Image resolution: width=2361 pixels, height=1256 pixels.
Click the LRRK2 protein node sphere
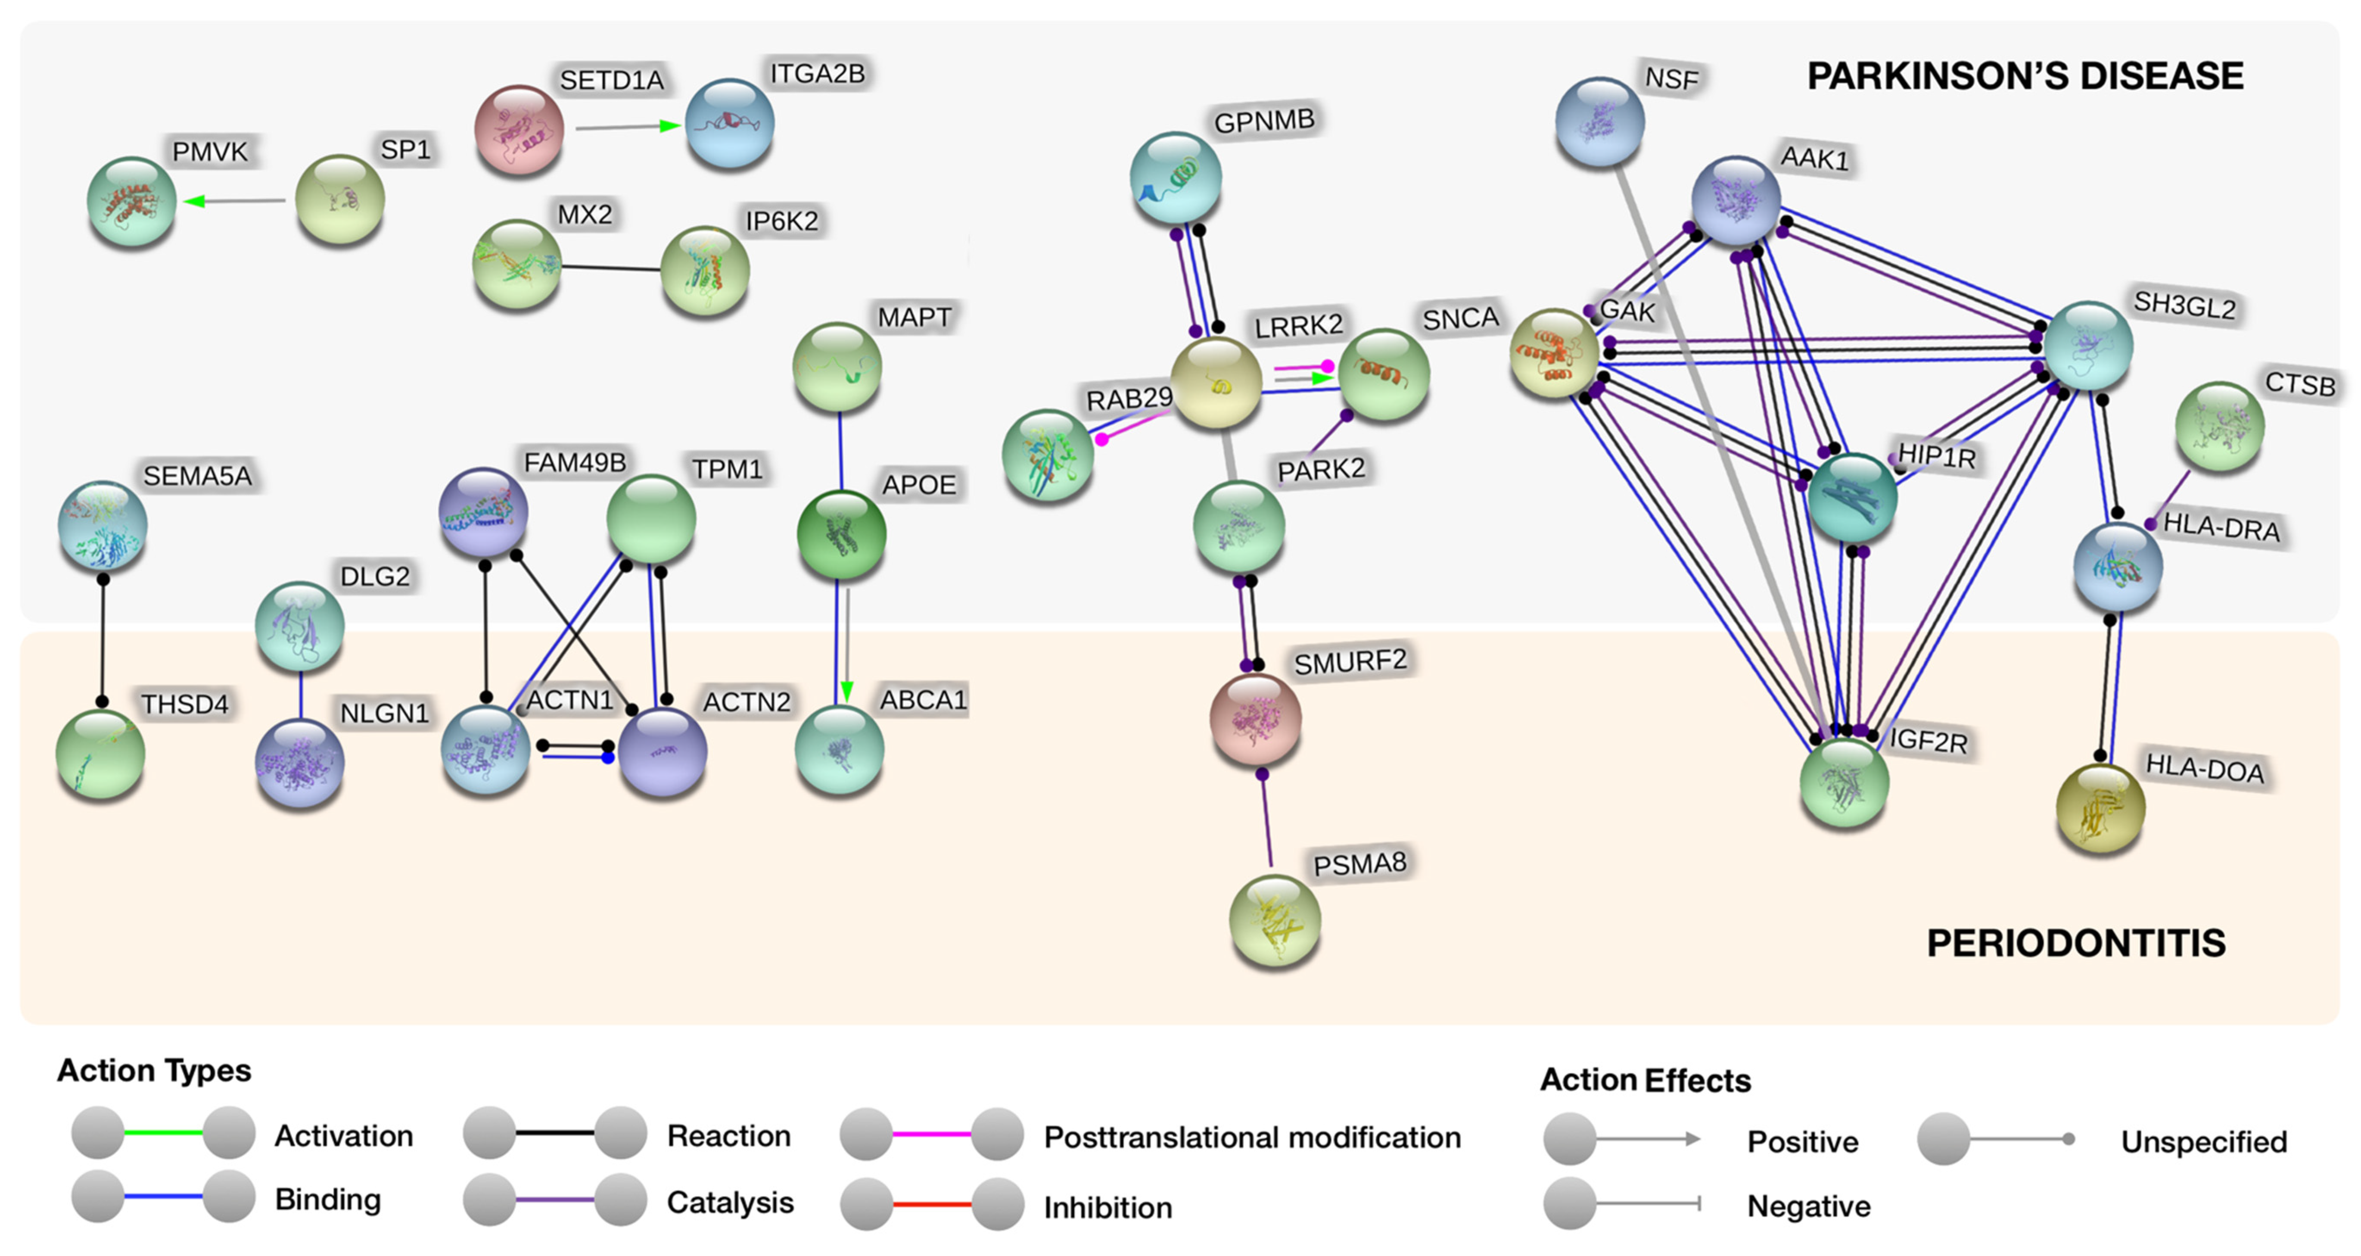(1217, 382)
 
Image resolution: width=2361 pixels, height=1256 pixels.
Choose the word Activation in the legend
(344, 1136)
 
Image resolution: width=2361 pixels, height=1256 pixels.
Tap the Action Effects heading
(1645, 1080)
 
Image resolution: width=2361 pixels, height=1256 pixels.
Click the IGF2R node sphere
(1844, 782)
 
